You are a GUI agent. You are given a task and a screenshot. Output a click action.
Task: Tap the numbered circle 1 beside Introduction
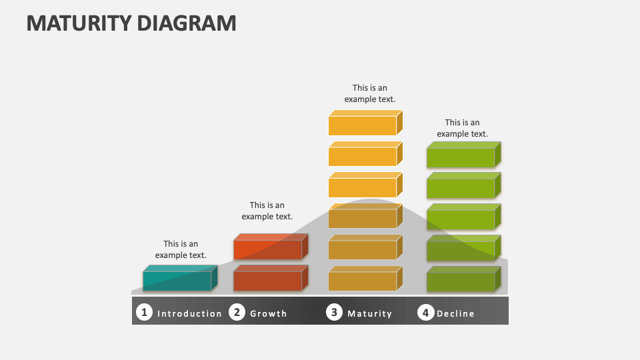coord(143,312)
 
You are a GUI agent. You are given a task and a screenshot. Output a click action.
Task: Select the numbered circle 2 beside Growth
coord(237,312)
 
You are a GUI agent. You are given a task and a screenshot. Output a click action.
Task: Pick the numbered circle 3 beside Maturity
coord(334,312)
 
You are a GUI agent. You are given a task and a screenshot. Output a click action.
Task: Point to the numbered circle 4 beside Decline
coord(426,312)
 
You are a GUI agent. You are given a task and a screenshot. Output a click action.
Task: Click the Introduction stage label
coord(189,313)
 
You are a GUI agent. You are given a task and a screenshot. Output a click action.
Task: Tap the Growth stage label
coord(268,313)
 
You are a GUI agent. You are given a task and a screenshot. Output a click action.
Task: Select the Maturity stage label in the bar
coord(369,313)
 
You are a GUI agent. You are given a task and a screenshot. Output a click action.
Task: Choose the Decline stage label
coord(455,313)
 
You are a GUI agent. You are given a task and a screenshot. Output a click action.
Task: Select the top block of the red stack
coord(268,249)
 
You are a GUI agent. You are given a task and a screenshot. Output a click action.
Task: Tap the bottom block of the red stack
coord(268,280)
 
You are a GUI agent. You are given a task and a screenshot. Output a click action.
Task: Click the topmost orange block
coord(363,125)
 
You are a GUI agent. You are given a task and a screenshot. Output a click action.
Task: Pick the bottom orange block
coord(363,280)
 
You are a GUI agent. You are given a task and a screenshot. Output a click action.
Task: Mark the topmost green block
coord(461,157)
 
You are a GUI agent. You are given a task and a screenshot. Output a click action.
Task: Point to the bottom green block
coord(461,281)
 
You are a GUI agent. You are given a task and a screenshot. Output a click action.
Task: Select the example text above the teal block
coord(181,249)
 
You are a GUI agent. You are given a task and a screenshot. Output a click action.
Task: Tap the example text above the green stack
coord(462,128)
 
